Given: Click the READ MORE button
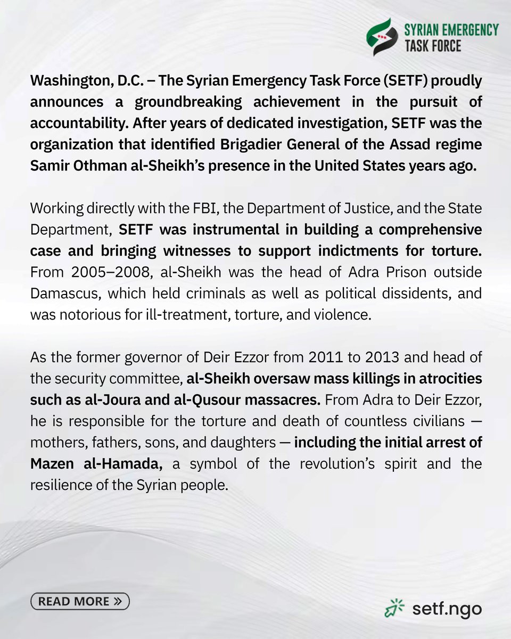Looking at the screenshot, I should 80,602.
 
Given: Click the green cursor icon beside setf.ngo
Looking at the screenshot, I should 394,607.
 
